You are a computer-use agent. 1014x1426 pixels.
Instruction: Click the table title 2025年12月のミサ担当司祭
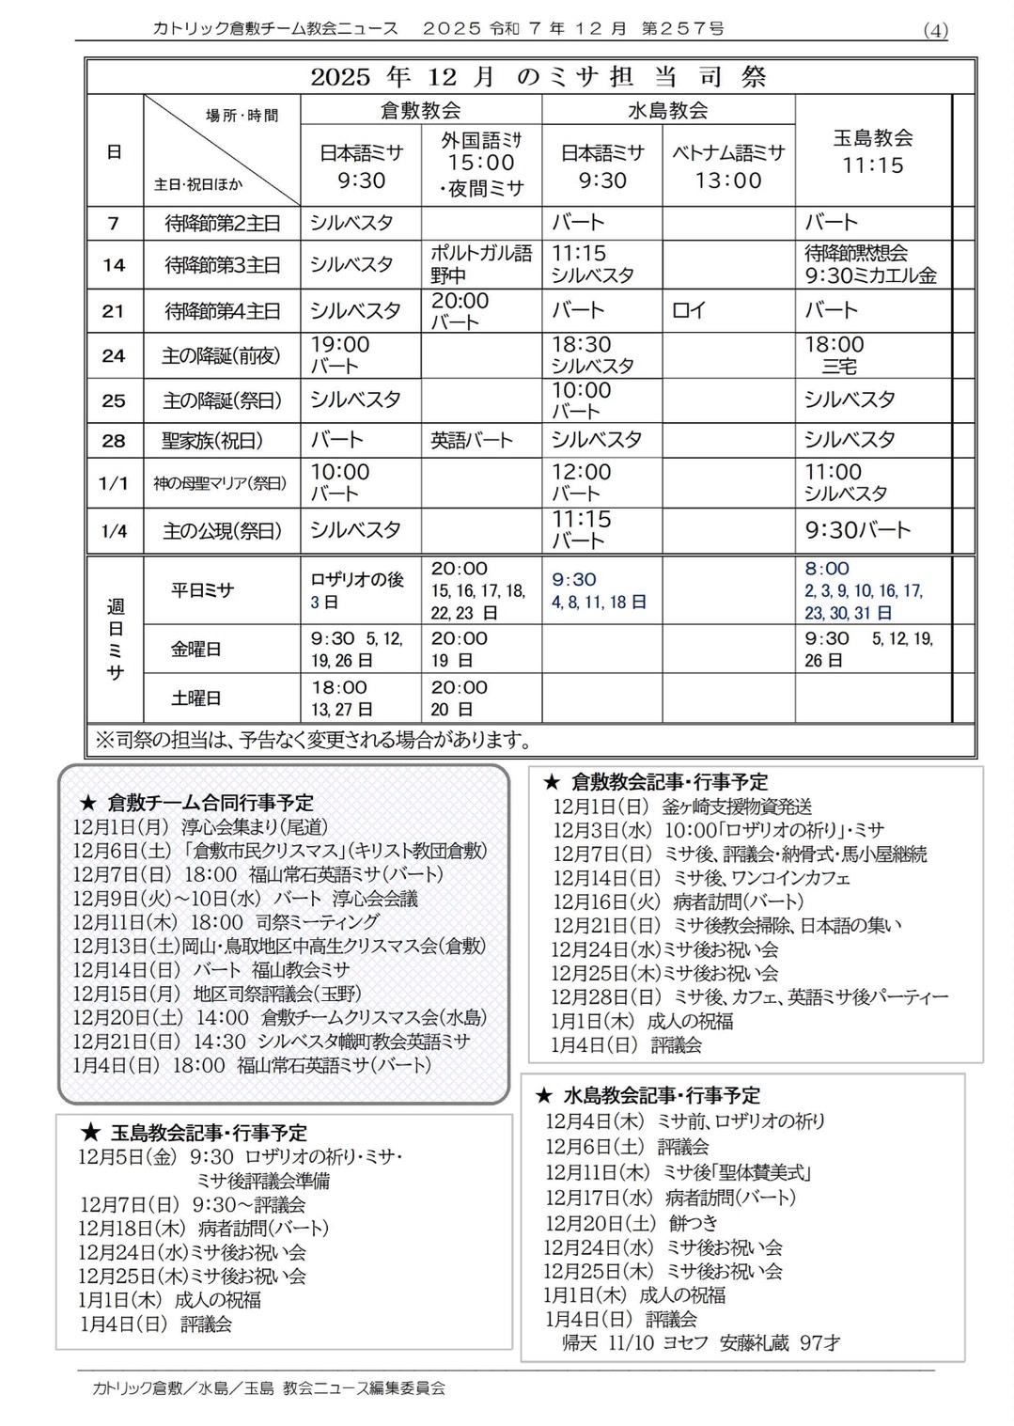pos(538,76)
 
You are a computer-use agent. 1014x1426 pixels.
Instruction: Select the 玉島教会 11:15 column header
pos(873,151)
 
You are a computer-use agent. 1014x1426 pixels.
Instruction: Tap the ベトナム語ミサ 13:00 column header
pos(727,166)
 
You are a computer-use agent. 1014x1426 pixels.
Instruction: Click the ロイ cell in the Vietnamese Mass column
pos(689,310)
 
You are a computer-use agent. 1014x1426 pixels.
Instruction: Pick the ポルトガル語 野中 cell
pos(480,264)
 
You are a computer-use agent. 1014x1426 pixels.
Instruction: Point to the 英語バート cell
pos(472,440)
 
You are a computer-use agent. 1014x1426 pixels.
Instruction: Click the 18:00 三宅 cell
pos(835,355)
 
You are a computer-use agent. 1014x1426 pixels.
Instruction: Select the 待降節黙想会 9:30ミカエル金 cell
pos(870,264)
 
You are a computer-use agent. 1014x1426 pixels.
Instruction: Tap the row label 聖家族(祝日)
pos(212,440)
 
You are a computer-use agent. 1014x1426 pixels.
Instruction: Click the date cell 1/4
pos(114,531)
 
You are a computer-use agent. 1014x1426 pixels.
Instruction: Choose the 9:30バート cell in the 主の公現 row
pos(857,530)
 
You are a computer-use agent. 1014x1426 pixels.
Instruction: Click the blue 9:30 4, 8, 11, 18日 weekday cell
pos(599,590)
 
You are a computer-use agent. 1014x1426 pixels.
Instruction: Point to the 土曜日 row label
pos(196,698)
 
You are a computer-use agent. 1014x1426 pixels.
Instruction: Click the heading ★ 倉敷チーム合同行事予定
pos(196,802)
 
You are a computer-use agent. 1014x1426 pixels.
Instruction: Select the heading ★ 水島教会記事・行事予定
pos(647,1095)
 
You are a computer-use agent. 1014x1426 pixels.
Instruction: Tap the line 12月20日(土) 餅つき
pos(632,1223)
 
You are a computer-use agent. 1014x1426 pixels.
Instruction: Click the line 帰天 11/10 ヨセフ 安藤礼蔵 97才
pos(701,1342)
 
